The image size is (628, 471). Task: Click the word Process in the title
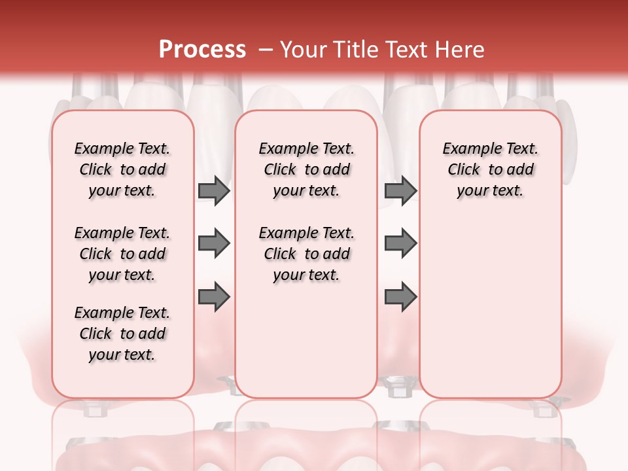pos(202,50)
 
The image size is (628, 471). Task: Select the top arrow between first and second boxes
pos(214,191)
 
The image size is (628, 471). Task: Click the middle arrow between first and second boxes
pos(214,244)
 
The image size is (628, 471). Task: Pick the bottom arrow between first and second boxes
pos(214,297)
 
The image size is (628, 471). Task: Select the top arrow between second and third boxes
pos(400,191)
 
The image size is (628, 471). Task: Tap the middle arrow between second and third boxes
pos(400,244)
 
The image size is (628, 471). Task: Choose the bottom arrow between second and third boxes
pos(400,297)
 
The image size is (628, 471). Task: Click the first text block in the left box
pos(122,169)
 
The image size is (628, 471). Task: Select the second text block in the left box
pos(122,254)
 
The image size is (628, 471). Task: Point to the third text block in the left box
pos(122,334)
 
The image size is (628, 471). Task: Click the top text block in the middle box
pos(307,169)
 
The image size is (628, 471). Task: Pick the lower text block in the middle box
pos(307,254)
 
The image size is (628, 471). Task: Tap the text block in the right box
pos(491,169)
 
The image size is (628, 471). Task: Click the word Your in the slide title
pos(303,50)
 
